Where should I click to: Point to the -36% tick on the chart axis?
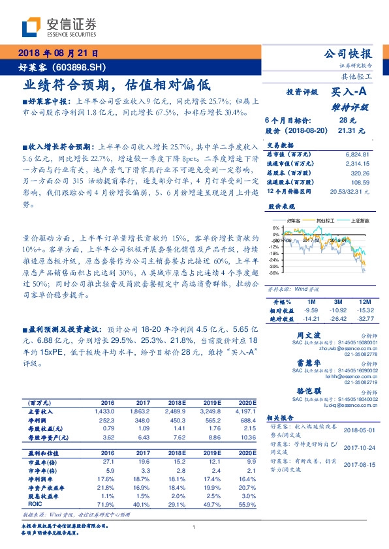[x=275, y=273]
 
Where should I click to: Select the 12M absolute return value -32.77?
[x=365, y=319]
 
